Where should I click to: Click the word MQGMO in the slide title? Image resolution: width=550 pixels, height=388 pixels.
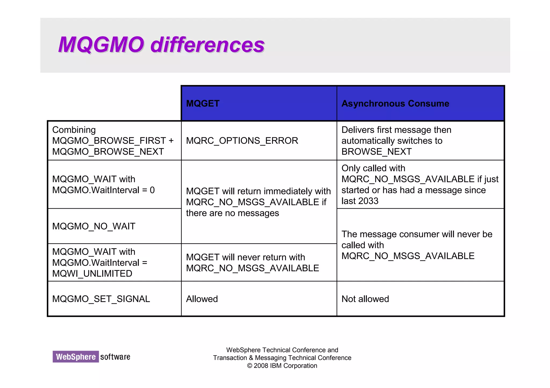[101, 45]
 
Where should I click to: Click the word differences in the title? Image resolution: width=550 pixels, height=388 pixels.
[207, 45]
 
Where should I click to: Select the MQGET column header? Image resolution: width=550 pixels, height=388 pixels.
[203, 104]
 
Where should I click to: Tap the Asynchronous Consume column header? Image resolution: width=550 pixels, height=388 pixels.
[395, 104]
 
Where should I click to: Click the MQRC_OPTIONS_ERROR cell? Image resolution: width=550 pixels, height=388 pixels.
[242, 141]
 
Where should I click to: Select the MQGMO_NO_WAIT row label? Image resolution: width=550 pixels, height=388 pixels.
[94, 226]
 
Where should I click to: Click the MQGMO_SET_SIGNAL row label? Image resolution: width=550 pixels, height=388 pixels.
[101, 299]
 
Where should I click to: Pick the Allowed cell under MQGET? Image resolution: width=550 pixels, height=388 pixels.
[202, 299]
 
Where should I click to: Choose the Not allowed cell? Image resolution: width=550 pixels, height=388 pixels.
[365, 299]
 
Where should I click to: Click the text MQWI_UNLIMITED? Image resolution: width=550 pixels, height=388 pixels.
[92, 274]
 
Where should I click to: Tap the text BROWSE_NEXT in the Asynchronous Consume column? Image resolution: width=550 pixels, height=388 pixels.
[376, 152]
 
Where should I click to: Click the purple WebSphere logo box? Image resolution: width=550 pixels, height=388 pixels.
[76, 357]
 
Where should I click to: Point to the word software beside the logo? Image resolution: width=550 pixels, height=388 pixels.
[115, 357]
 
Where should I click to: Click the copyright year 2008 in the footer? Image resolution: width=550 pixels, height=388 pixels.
[261, 366]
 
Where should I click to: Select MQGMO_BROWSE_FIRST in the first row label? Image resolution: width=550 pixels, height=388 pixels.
[109, 141]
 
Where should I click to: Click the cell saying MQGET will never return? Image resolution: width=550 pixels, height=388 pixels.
[252, 263]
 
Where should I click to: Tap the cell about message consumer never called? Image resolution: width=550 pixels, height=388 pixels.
[417, 245]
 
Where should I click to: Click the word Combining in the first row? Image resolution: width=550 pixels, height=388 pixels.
[74, 130]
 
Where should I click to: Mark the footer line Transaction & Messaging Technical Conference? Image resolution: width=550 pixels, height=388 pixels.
[282, 358]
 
